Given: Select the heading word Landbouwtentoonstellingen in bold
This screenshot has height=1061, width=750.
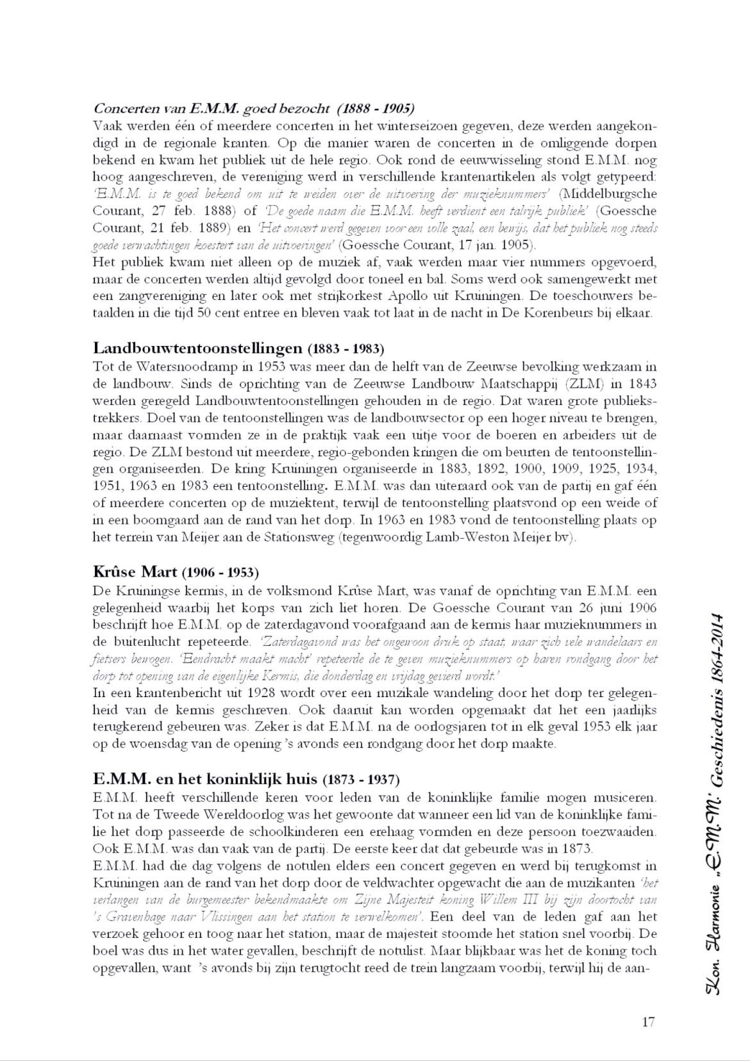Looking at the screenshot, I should [197, 349].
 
